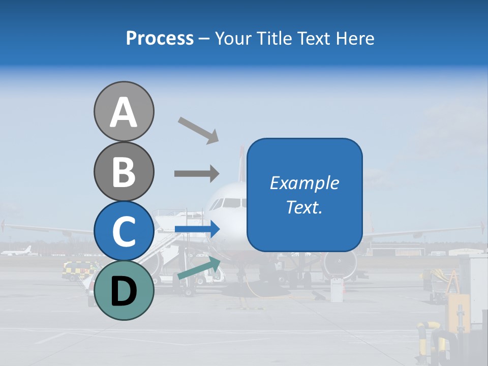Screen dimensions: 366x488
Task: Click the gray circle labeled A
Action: click(124, 111)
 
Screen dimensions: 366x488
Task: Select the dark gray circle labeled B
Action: click(124, 171)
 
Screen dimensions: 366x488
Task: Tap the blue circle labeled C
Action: click(124, 231)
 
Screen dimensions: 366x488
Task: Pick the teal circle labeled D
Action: click(124, 290)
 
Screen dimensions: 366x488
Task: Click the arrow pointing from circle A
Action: click(198, 130)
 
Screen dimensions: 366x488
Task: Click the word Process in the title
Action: click(160, 38)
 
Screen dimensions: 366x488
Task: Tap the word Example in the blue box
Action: click(304, 183)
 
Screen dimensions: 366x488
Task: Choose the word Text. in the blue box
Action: click(304, 207)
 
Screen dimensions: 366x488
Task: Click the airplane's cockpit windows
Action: click(227, 203)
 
